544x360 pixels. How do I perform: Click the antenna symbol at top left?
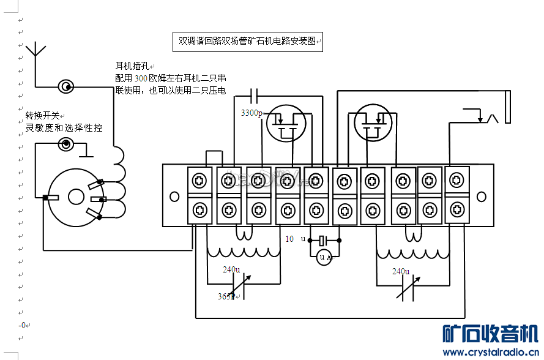tap(36, 50)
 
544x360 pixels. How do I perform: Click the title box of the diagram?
tap(247, 42)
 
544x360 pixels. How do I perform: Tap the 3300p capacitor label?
tap(252, 113)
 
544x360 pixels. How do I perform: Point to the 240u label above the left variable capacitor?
tap(231, 270)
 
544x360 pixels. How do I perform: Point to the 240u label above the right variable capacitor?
tap(401, 271)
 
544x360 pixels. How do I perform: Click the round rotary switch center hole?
tap(76, 197)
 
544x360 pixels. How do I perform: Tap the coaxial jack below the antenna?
tap(65, 87)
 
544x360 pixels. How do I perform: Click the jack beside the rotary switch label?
tap(65, 144)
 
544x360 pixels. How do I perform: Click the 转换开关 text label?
tap(43, 116)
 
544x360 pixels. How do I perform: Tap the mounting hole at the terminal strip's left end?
tap(174, 197)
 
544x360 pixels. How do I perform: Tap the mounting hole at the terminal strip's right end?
tap(482, 197)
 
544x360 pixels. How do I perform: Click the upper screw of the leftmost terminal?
tap(199, 181)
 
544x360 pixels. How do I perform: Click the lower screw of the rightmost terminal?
tap(456, 209)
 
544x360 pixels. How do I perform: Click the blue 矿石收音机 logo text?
tap(490, 334)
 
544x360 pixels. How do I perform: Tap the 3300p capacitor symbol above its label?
tap(255, 95)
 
